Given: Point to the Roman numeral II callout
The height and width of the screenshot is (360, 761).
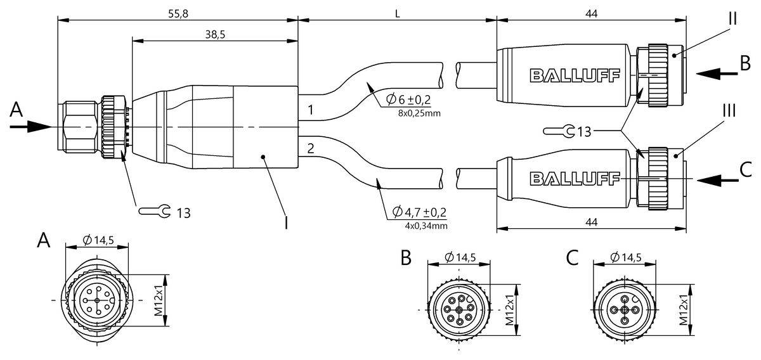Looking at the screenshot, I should click(x=732, y=18).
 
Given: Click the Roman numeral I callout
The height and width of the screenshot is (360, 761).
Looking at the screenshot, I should click(x=287, y=222).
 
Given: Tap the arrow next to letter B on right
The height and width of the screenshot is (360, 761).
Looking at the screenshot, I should click(x=716, y=74).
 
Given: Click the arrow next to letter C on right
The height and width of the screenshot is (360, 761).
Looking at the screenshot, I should click(x=716, y=180).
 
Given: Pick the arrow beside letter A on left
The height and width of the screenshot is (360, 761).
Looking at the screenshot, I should click(x=29, y=127).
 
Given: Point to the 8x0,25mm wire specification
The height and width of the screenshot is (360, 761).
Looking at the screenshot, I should click(x=419, y=113).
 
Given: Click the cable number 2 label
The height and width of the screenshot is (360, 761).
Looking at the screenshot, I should click(x=309, y=149).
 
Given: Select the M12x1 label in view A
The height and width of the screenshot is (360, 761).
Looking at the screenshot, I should click(x=160, y=300).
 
